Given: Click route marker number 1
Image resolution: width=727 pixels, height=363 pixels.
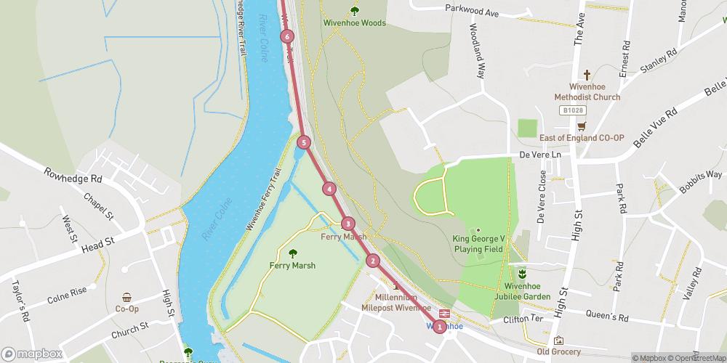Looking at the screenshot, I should pyautogui.click(x=439, y=327).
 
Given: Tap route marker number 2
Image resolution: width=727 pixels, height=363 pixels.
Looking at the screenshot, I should pyautogui.click(x=373, y=261).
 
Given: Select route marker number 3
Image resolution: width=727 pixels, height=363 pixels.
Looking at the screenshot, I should pyautogui.click(x=348, y=224).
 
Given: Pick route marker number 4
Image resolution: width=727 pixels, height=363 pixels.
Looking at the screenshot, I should pyautogui.click(x=330, y=189).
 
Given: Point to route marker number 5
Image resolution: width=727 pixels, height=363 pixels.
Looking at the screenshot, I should pyautogui.click(x=304, y=142).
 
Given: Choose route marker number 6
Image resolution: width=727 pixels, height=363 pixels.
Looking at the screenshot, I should pyautogui.click(x=288, y=36).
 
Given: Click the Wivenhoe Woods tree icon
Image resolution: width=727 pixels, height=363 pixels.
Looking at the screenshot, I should pyautogui.click(x=355, y=10).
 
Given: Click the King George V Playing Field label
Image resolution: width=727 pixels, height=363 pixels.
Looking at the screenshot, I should pyautogui.click(x=478, y=243).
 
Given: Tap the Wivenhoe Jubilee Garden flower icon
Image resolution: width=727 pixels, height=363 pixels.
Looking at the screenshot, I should pyautogui.click(x=522, y=273).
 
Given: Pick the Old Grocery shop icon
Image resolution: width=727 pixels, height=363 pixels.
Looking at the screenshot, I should pyautogui.click(x=558, y=340).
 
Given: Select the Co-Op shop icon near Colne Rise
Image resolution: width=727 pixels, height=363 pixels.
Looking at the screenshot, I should pyautogui.click(x=127, y=297).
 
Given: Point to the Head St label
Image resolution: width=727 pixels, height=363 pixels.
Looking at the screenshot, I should pyautogui.click(x=99, y=244).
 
